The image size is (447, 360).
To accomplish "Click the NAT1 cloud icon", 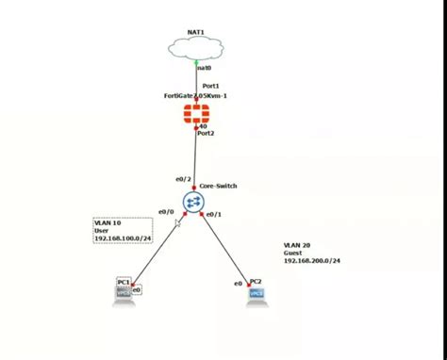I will pyautogui.click(x=196, y=47).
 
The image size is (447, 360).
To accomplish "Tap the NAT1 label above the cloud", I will pyautogui.click(x=196, y=32).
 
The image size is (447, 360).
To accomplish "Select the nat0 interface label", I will pyautogui.click(x=205, y=67).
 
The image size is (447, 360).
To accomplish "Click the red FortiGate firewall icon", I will pyautogui.click(x=196, y=114).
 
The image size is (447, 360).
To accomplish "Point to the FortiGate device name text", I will pyautogui.click(x=196, y=96).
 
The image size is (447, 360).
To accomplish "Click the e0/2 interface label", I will pyautogui.click(x=183, y=179).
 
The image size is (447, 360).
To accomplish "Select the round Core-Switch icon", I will pyautogui.click(x=194, y=202).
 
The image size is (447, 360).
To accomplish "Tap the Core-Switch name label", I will pyautogui.click(x=219, y=186).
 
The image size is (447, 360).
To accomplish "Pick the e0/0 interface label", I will pyautogui.click(x=167, y=210).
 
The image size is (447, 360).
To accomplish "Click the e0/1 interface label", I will pyautogui.click(x=214, y=214).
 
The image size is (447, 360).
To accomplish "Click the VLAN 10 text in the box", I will pyautogui.click(x=108, y=222).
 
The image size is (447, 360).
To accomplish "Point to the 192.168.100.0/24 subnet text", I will pyautogui.click(x=123, y=238).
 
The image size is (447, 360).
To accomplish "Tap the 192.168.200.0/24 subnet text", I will pyautogui.click(x=312, y=260).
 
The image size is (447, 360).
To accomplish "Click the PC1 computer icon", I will pyautogui.click(x=124, y=293).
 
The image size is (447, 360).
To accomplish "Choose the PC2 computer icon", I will pyautogui.click(x=257, y=293).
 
